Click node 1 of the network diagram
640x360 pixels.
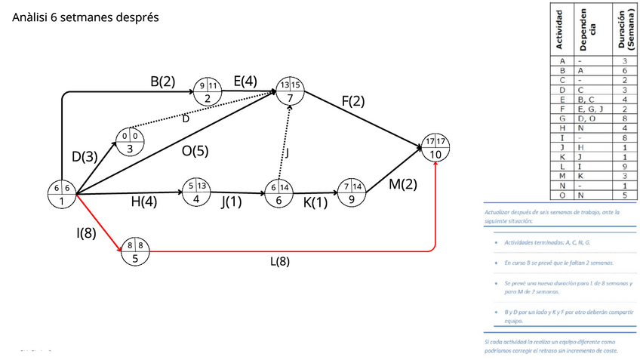[x=62, y=194]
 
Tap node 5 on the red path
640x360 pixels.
[x=135, y=251]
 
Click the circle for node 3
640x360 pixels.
[x=129, y=142]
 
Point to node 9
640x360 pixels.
[x=352, y=193]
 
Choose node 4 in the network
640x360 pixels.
[x=196, y=192]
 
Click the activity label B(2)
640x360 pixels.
[x=162, y=82]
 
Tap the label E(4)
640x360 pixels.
[x=245, y=82]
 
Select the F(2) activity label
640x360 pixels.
[x=352, y=101]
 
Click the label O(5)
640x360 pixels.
[x=195, y=151]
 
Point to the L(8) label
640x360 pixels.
[x=280, y=262]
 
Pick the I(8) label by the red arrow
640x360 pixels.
[x=86, y=233]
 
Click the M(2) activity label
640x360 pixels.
[x=402, y=184]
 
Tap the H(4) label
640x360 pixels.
[x=144, y=202]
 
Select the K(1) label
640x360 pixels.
[x=315, y=202]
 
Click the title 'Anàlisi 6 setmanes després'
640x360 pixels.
[x=85, y=17]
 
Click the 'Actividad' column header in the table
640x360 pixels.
[x=560, y=29]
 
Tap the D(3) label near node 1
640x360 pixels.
[x=85, y=157]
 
